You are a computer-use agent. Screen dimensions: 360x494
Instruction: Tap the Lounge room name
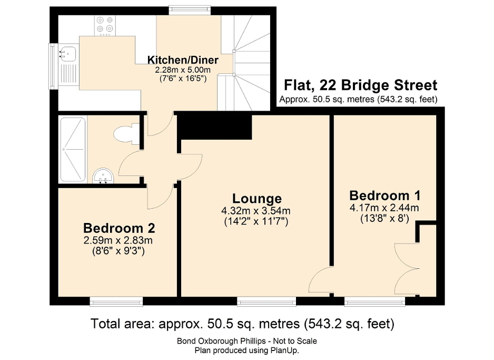click(x=257, y=199)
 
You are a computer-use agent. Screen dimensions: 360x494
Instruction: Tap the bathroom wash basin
click(x=103, y=176)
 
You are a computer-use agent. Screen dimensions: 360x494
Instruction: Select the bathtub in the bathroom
click(x=73, y=149)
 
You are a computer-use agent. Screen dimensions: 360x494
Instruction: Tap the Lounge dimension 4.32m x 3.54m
click(x=256, y=211)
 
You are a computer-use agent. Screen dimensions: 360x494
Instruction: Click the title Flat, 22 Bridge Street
click(x=360, y=85)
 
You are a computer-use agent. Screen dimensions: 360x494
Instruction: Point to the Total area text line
click(x=243, y=323)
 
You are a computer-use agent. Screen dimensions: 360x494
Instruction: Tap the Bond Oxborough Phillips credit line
click(x=246, y=341)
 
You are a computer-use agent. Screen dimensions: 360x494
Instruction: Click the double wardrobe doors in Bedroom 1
click(x=407, y=266)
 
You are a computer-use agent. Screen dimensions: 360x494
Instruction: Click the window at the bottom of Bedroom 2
click(x=116, y=301)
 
